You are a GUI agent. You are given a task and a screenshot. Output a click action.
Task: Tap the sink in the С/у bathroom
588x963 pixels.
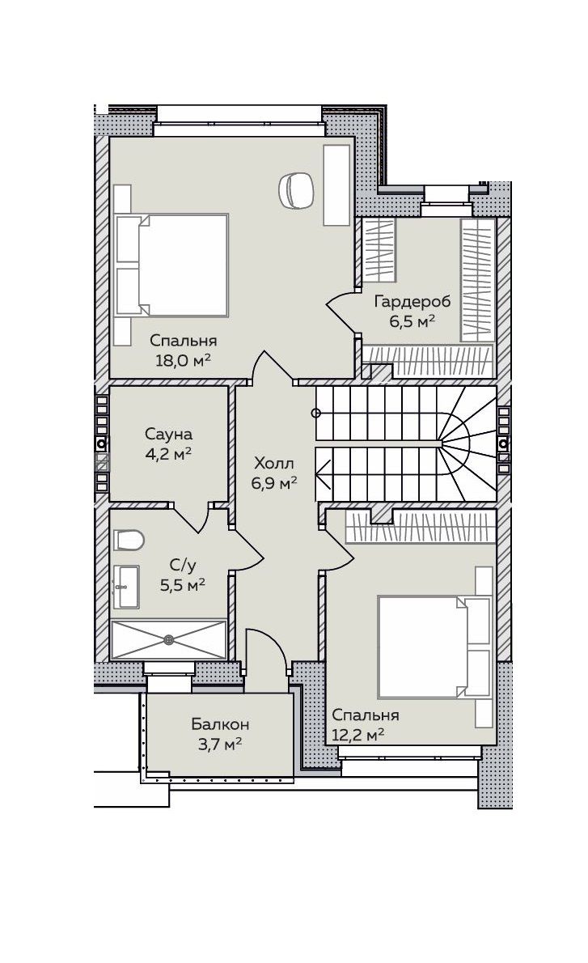pos(126,588)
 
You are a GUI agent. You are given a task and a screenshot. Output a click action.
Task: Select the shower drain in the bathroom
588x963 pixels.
pos(169,639)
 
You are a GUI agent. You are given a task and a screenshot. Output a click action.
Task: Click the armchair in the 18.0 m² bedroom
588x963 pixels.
pos(296,189)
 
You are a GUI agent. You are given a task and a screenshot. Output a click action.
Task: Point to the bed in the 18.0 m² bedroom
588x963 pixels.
pos(171,265)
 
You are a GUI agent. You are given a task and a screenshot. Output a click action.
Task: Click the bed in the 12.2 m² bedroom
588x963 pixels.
pos(435,646)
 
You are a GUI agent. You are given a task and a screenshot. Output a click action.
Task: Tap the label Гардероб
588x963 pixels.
pos(412,302)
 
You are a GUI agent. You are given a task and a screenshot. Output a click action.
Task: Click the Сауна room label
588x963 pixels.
pos(169,434)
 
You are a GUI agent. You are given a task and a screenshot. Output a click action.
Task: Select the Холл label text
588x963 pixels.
pos(273,462)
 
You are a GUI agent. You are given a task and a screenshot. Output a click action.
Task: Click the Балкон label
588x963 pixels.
pos(220,724)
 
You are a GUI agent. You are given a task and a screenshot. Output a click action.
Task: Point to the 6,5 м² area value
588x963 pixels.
pos(412,321)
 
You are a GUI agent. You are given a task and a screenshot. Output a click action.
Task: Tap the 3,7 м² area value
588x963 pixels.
pos(219,745)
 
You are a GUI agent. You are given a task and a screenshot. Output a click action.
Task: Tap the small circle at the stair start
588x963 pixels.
pos(316,412)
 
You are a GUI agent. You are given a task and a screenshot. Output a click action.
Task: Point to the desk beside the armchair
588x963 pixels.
pos(336,185)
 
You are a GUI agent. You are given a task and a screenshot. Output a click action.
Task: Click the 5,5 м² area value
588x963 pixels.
pos(182,584)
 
